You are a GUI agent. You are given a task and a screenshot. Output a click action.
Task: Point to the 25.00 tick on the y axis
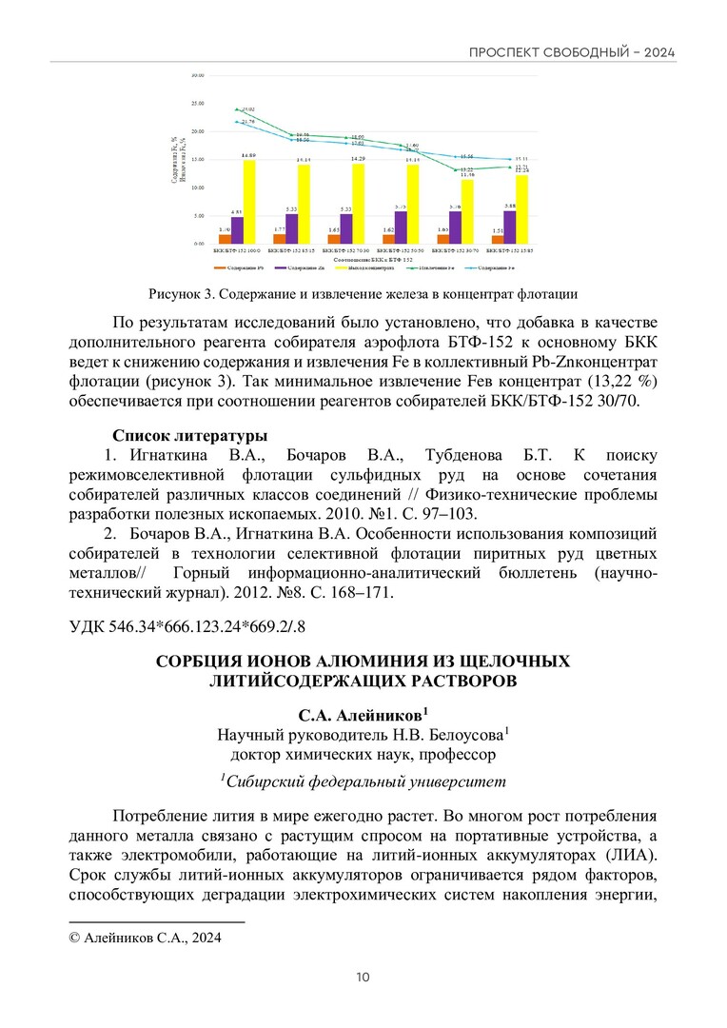click(198, 103)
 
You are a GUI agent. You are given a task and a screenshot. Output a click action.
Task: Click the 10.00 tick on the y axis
click(198, 188)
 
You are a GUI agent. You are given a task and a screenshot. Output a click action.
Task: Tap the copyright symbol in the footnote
click(76, 939)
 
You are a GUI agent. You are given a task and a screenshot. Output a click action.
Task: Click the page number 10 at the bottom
click(363, 978)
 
